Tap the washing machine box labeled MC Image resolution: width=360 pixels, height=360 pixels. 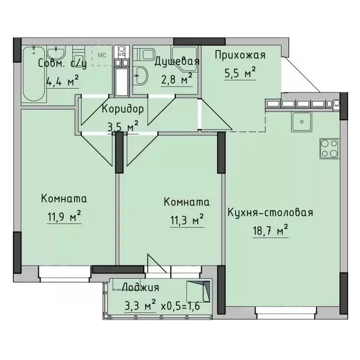coord(101,55)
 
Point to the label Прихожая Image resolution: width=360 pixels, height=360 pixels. coord(240,55)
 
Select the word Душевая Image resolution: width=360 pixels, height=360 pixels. coord(177,61)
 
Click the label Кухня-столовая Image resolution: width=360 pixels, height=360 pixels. coord(270,213)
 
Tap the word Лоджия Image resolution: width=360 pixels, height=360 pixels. coord(140,287)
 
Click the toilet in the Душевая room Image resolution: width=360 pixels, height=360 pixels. coord(140,73)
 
